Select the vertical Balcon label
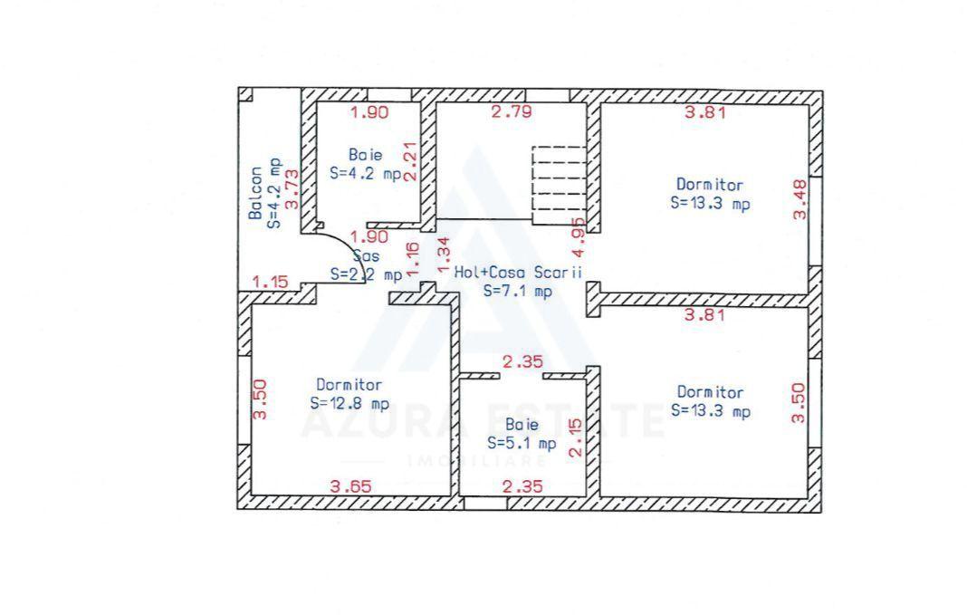pyautogui.click(x=256, y=193)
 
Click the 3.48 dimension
pyautogui.click(x=799, y=200)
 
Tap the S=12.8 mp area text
pyautogui.click(x=349, y=404)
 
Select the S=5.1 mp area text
pyautogui.click(x=521, y=443)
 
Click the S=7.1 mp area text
pyautogui.click(x=517, y=291)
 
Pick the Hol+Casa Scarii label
pyautogui.click(x=517, y=271)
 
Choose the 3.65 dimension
pyautogui.click(x=350, y=486)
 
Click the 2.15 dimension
pyautogui.click(x=573, y=437)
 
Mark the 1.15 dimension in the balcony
pyautogui.click(x=270, y=282)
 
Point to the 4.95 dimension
pyautogui.click(x=579, y=235)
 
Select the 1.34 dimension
pyautogui.click(x=443, y=253)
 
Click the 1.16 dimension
pyautogui.click(x=413, y=259)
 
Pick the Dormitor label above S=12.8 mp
pyautogui.click(x=349, y=385)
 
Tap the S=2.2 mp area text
pyautogui.click(x=366, y=274)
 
